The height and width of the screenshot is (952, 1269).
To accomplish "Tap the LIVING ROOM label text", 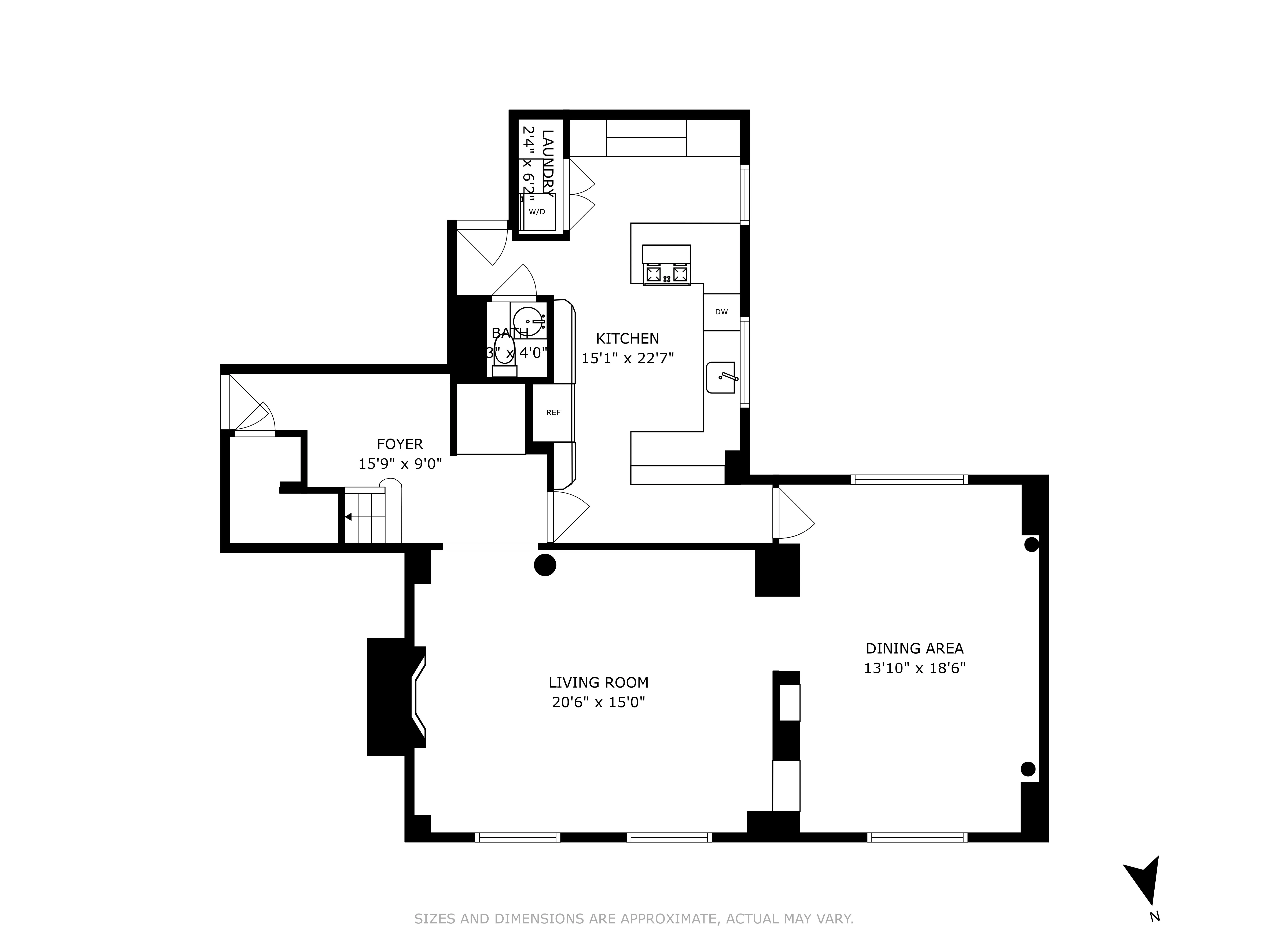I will [x=598, y=682].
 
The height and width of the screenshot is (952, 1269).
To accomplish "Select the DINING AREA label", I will [x=915, y=648].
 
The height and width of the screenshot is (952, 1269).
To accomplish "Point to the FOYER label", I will [x=400, y=444].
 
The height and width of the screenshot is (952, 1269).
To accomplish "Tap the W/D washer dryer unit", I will [x=537, y=212].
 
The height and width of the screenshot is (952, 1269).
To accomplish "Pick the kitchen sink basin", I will [x=721, y=378].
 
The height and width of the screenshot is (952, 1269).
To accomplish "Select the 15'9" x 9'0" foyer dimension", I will [x=400, y=464].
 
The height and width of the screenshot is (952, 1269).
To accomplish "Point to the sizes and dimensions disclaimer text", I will [x=634, y=919].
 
